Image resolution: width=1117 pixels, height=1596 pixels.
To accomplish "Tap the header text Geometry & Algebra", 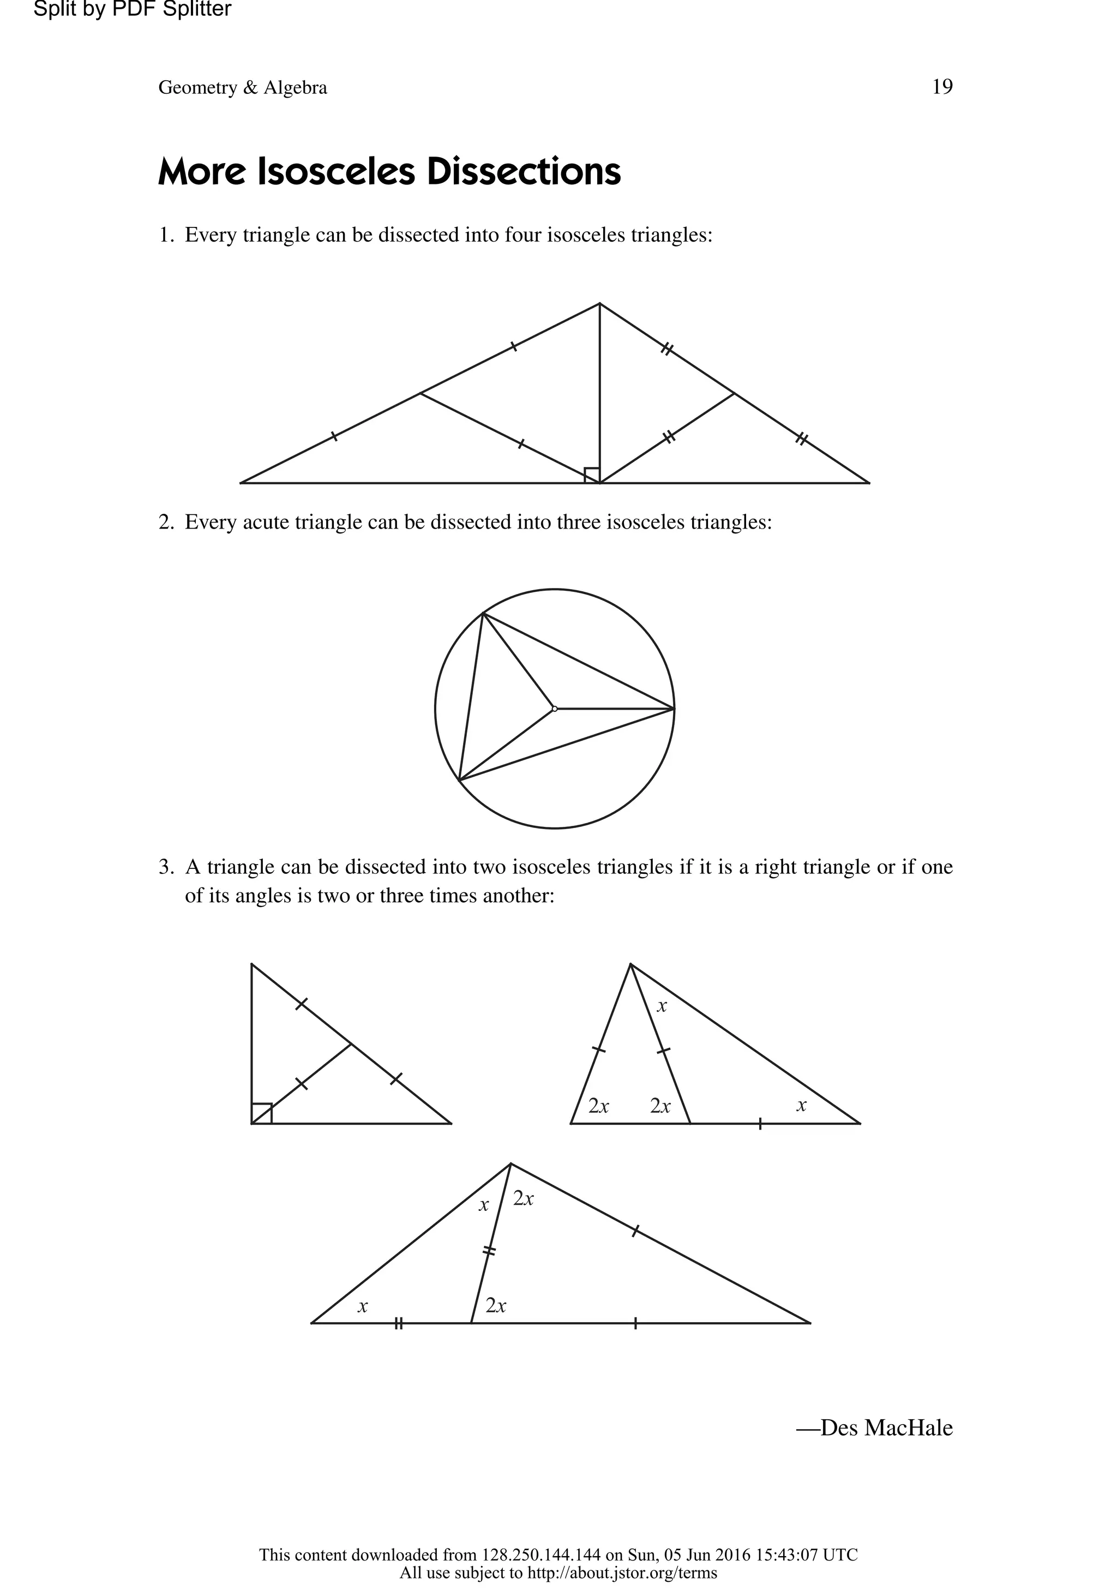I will point(243,88).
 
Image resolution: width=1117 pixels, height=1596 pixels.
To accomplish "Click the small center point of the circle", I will point(554,709).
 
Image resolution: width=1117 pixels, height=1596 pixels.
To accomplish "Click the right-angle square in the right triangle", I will point(261,1113).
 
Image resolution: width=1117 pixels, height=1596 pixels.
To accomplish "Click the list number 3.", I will point(165,867).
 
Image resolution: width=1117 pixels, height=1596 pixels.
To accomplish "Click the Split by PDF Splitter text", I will point(132,10).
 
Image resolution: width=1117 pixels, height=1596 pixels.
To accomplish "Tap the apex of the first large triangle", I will point(600,304).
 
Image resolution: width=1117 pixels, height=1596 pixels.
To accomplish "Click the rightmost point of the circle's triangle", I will point(674,709).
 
